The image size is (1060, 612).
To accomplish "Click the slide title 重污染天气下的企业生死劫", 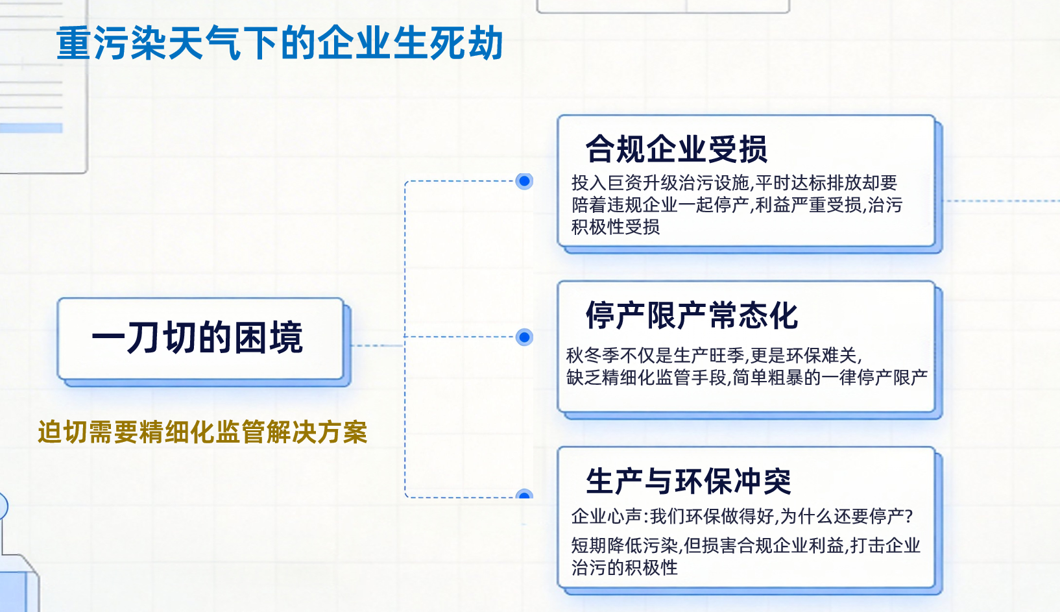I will coord(280,43).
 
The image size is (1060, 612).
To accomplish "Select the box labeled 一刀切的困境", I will coord(200,338).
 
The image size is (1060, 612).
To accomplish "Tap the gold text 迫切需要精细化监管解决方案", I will coord(202,432).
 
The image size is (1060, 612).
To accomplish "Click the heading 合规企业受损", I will coord(676,149).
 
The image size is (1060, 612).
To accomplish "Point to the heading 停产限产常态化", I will coord(692,316).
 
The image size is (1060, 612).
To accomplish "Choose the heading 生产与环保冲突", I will coord(688,482).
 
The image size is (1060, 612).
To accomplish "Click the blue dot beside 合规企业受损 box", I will coord(524,181).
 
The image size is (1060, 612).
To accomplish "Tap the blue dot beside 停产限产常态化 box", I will coord(524,337).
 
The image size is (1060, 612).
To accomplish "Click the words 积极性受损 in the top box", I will coord(615,227).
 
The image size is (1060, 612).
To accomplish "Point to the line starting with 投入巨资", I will coord(734,183).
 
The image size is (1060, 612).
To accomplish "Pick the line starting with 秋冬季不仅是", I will coord(714,356).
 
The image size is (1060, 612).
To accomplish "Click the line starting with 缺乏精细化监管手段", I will coord(746,378).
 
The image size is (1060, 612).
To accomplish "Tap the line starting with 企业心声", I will coord(741,517).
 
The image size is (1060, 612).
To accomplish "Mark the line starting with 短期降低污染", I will coord(745,546).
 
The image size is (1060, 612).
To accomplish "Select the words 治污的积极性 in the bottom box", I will coord(624,568).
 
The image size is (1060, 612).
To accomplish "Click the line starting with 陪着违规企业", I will coord(736,205).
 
